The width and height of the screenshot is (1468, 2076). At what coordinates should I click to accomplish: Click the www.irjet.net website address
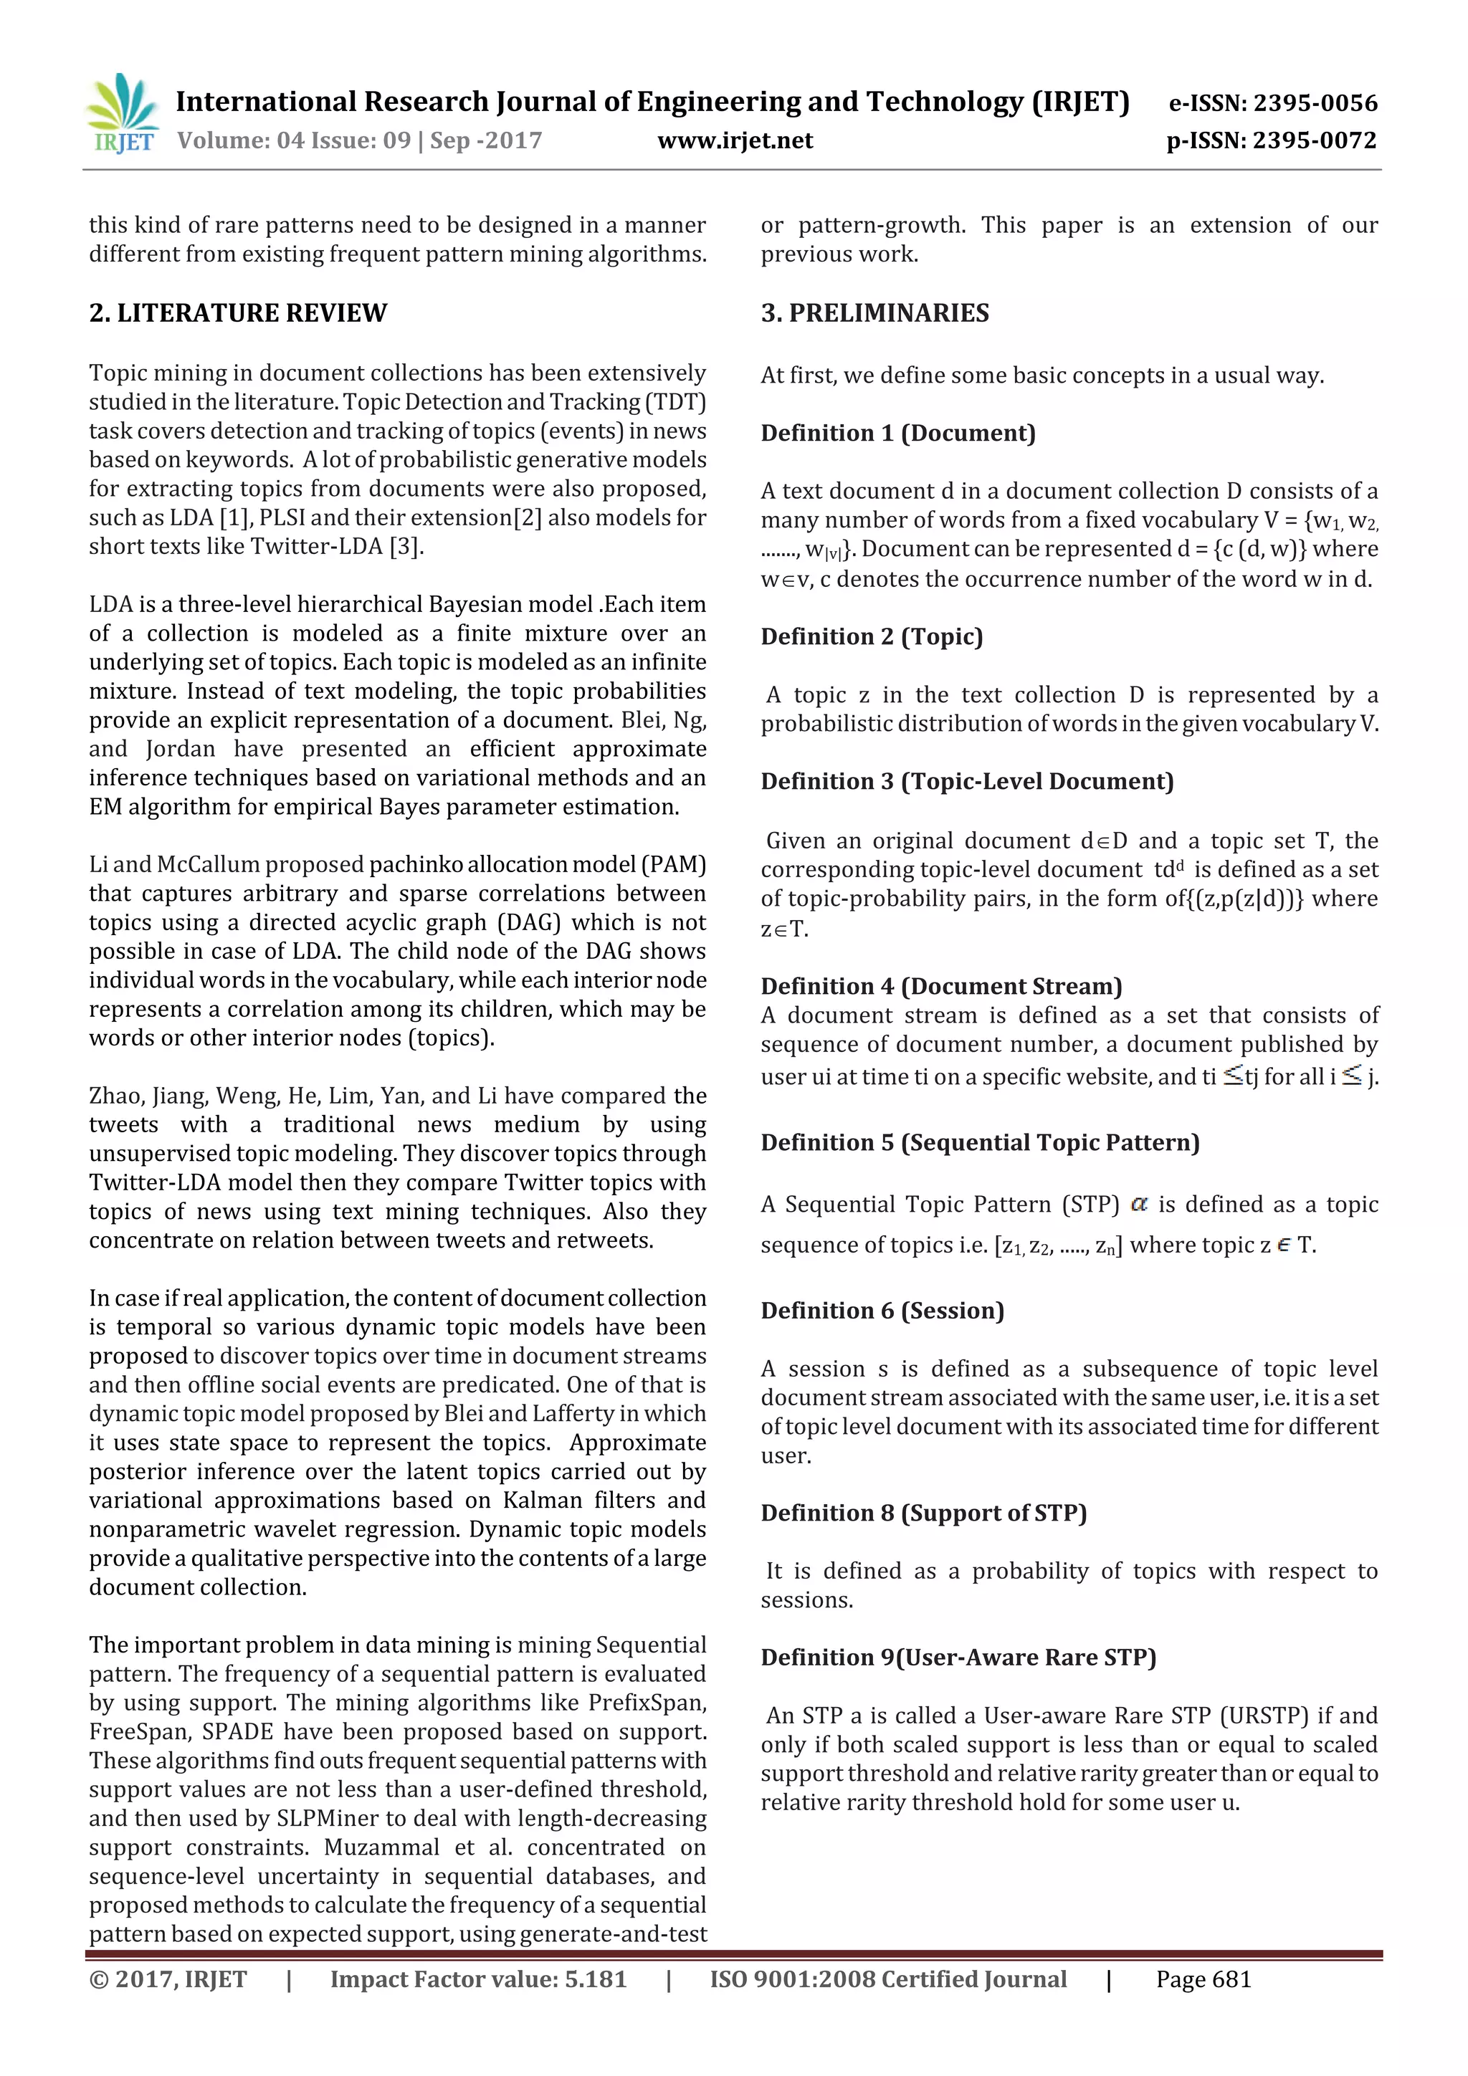(735, 140)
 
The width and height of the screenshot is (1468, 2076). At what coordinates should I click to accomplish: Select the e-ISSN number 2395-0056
(1272, 103)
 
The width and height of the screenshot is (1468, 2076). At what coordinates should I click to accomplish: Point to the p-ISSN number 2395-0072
(1271, 140)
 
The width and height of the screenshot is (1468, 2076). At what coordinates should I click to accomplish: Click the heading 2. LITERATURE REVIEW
(238, 313)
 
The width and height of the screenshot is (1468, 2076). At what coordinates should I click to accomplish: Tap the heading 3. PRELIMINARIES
(874, 313)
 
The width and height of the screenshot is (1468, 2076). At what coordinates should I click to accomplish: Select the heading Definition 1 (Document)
(897, 433)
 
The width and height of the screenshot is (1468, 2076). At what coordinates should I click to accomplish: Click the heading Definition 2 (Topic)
(871, 636)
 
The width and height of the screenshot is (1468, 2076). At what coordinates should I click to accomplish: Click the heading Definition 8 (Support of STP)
(923, 1513)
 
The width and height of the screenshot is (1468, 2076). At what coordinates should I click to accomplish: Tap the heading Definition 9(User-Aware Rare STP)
(958, 1658)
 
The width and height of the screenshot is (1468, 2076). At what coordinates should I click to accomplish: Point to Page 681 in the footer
(1203, 1979)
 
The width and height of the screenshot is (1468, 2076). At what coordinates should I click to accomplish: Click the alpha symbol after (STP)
(1139, 1205)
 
